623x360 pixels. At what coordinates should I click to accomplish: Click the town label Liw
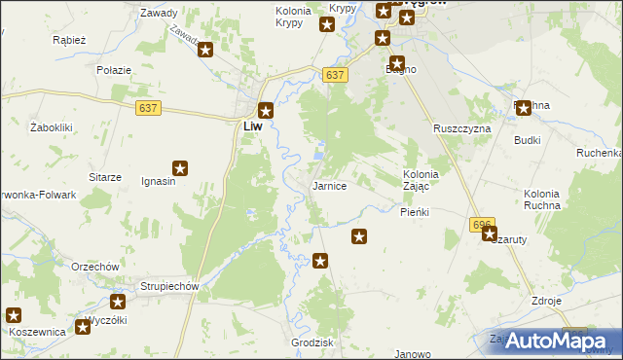[x=251, y=126]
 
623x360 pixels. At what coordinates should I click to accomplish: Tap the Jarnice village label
[x=328, y=185]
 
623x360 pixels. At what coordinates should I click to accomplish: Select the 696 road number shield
[x=482, y=224]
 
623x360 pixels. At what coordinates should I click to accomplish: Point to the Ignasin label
[x=159, y=181]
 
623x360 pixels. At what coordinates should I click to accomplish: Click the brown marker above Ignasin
[x=180, y=168]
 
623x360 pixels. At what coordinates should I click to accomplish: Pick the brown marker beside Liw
[x=266, y=111]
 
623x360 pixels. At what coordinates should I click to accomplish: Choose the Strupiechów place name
[x=169, y=286]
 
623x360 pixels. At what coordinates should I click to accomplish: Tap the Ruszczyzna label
[x=462, y=128]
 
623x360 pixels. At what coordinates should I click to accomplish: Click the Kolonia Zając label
[x=422, y=180]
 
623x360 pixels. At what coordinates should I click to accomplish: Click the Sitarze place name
[x=105, y=177]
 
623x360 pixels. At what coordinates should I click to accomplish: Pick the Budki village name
[x=528, y=140]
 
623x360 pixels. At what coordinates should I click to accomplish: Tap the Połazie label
[x=113, y=71]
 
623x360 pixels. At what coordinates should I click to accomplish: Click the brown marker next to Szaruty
[x=490, y=234]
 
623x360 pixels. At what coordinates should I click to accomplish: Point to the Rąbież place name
[x=70, y=41]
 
